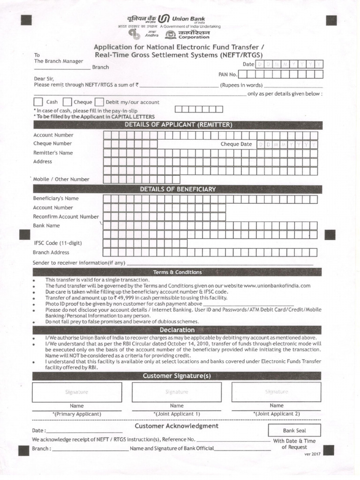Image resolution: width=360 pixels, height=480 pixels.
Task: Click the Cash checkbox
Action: tap(38, 102)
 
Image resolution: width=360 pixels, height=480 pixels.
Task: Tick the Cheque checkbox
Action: tap(67, 102)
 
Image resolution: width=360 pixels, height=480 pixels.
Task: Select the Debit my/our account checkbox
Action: tap(99, 102)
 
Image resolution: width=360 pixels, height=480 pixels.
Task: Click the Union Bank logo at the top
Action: tap(163, 19)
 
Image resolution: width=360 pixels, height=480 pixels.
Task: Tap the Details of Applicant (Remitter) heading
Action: tap(178, 125)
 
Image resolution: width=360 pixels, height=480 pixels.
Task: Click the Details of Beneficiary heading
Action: tap(178, 189)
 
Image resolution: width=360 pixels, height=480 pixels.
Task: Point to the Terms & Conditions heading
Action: tap(178, 272)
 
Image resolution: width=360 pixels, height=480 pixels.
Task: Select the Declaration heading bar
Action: tap(178, 330)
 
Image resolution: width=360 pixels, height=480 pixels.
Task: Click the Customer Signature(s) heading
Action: tap(178, 376)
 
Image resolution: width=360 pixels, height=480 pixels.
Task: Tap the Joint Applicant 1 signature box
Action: tap(177, 392)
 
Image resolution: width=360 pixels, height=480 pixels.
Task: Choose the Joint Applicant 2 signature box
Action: tap(277, 392)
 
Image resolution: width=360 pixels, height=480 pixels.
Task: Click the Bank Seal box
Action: tap(294, 430)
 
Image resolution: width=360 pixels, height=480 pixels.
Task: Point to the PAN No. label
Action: tap(228, 75)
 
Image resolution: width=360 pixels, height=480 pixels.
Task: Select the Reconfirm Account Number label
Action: tap(66, 217)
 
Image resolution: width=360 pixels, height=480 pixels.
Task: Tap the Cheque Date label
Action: tap(236, 144)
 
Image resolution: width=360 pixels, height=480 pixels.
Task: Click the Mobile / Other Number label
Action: tap(61, 179)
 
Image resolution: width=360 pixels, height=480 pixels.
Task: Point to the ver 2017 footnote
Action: tap(312, 455)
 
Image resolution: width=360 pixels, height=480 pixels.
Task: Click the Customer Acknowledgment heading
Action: tap(176, 426)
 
